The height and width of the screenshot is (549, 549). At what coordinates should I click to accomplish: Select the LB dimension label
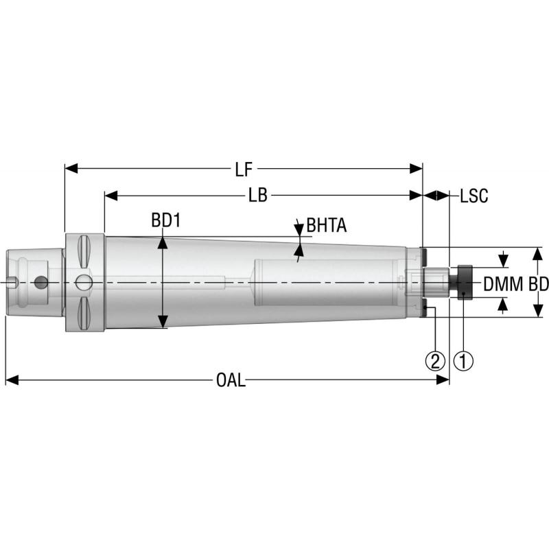pos(257,196)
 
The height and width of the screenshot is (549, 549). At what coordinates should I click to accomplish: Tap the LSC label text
pos(474,196)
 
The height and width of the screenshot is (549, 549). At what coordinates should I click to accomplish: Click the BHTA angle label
pos(327,225)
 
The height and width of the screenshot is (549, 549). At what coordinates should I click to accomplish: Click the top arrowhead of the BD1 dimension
pos(162,240)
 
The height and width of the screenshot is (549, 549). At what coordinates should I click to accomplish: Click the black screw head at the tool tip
pos(464,282)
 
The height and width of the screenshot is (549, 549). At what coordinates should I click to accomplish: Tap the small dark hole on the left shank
pos(43,282)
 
